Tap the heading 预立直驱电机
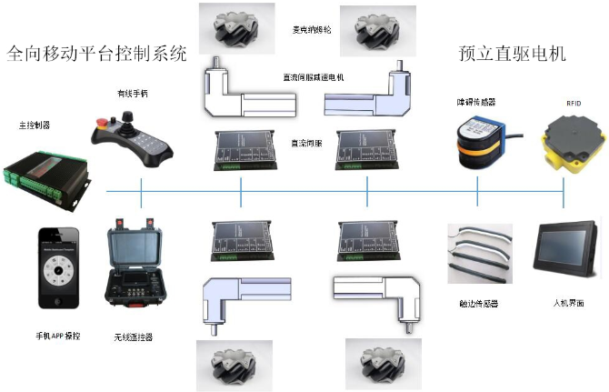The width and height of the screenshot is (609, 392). (514, 54)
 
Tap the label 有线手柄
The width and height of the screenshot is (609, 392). (132, 93)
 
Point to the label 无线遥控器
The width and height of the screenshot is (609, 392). (134, 337)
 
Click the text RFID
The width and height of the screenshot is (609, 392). (574, 104)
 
